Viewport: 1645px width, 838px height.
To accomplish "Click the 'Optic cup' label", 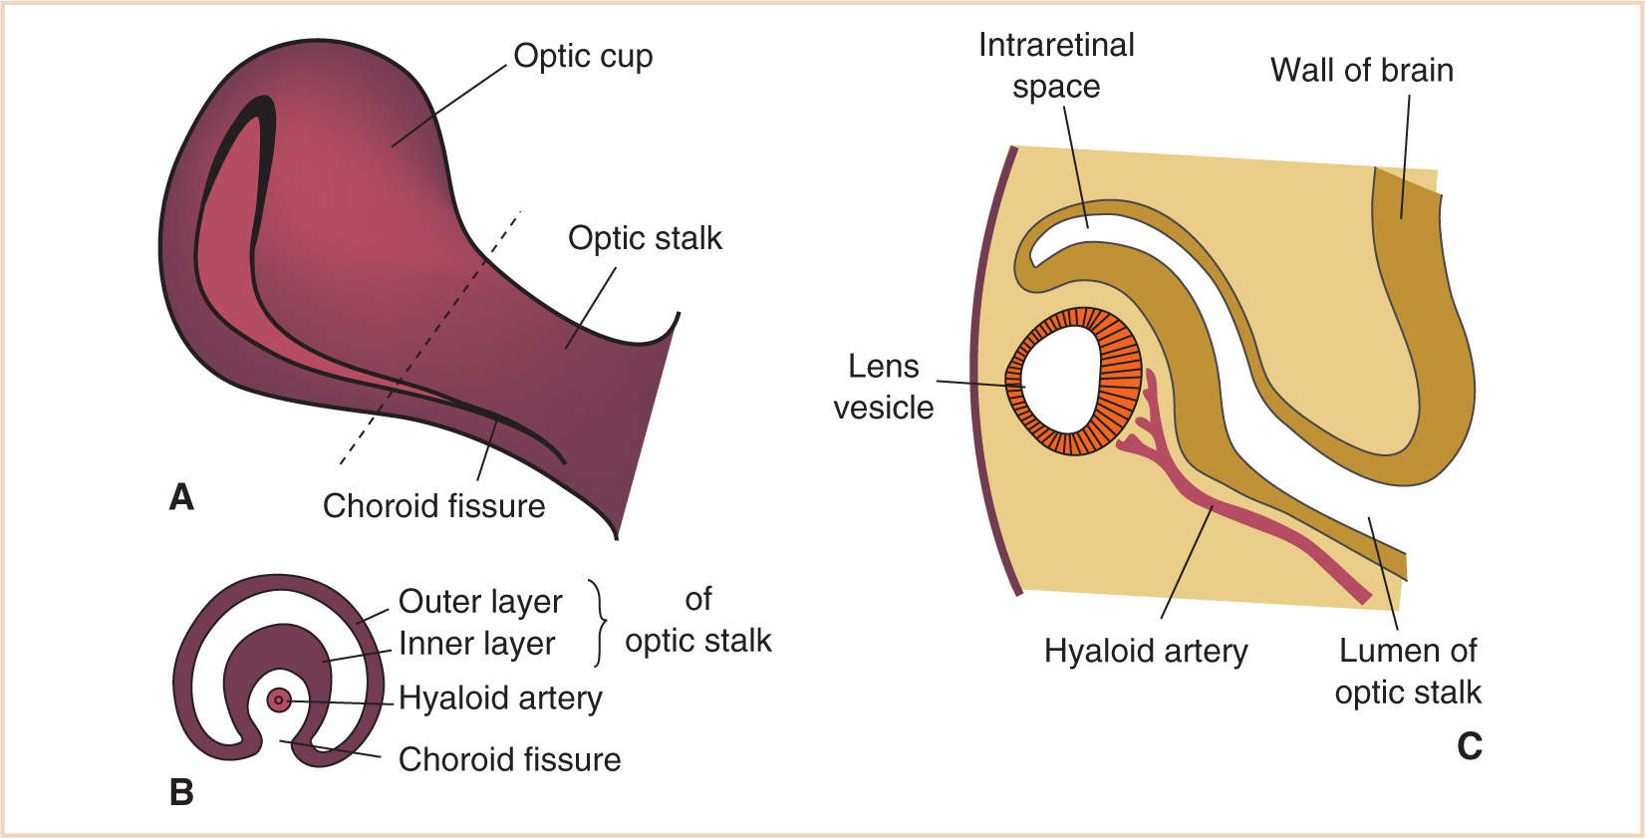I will click(x=583, y=56).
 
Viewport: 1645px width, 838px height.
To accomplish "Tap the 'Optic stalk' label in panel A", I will click(x=645, y=238).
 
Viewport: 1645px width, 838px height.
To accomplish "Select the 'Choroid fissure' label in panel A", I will click(x=433, y=506).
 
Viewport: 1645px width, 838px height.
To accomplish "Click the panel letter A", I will click(x=181, y=496).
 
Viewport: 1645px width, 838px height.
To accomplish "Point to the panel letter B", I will click(x=181, y=792).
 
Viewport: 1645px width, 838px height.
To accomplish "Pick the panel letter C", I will click(x=1470, y=746).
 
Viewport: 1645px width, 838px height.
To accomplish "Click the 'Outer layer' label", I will click(x=480, y=602).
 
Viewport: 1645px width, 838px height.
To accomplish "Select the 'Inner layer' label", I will click(x=476, y=644).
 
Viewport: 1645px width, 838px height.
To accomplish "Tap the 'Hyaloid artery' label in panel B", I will click(x=500, y=698).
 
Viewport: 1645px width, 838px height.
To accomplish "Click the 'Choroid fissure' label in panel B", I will click(x=509, y=759).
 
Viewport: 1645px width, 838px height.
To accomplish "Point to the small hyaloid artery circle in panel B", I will click(x=279, y=700).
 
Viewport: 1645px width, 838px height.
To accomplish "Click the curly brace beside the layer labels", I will click(x=599, y=623).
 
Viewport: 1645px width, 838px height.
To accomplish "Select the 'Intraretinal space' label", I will click(x=1056, y=66).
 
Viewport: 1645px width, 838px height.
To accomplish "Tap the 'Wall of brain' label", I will click(x=1361, y=70).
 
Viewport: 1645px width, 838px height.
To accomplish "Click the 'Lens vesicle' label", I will click(x=884, y=387).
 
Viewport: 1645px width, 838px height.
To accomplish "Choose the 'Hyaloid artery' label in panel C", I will click(x=1146, y=651).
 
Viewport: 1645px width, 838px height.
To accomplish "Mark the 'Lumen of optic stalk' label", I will click(x=1408, y=671).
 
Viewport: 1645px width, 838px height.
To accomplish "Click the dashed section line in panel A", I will click(x=429, y=339).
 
